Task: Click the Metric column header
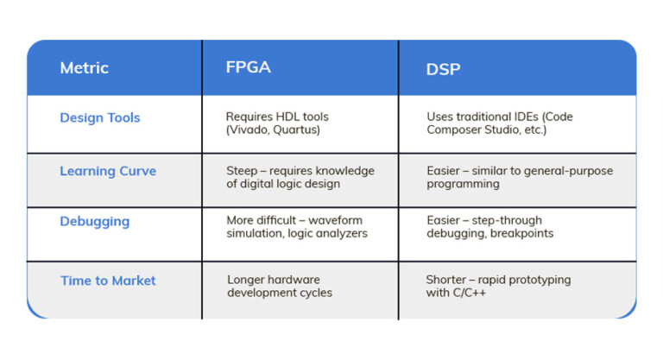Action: pyautogui.click(x=84, y=67)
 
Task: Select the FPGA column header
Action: pyautogui.click(x=249, y=66)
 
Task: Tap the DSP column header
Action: pyautogui.click(x=443, y=68)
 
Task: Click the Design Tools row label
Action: pyautogui.click(x=99, y=118)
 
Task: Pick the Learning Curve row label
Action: pyautogui.click(x=107, y=171)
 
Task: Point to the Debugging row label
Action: pyautogui.click(x=94, y=221)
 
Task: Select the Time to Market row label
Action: pyautogui.click(x=108, y=281)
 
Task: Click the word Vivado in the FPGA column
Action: pyautogui.click(x=249, y=130)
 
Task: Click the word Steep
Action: pyautogui.click(x=243, y=171)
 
